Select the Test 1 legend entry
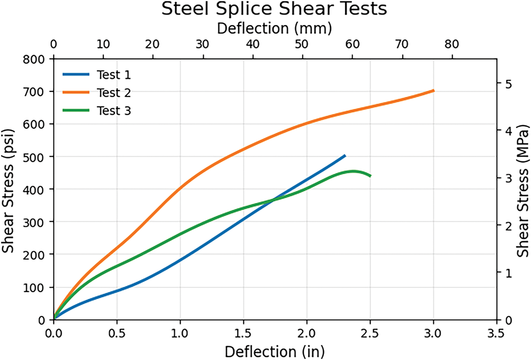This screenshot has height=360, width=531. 114,75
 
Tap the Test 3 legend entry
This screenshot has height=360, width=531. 114,111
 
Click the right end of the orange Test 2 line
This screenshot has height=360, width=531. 433,91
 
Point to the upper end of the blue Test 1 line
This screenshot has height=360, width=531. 345,156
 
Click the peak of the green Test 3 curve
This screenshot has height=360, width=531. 354,171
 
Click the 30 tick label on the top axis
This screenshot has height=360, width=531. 203,44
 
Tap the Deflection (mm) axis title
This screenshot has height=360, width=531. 274,28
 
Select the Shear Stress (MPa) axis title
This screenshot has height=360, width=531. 523,189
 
